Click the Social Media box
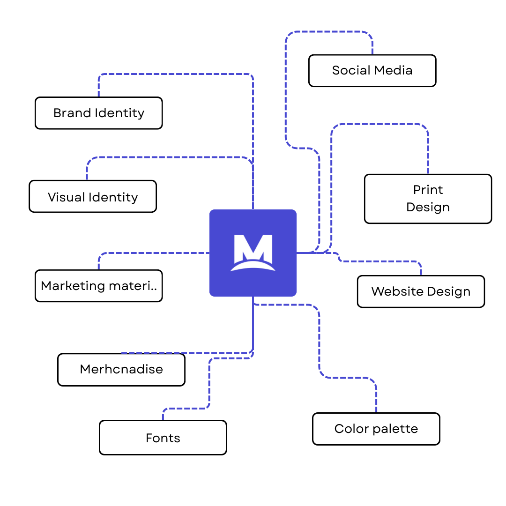pos(372,71)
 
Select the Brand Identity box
pos(98,113)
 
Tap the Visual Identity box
pos(93,197)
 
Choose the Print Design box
pos(428,199)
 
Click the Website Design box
pos(421,291)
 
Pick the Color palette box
pos(376,429)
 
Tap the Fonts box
pos(163,438)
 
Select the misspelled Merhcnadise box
pos(121,369)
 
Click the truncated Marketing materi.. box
pos(98,286)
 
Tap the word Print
pos(428,190)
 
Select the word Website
pos(396,291)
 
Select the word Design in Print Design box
pos(428,208)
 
